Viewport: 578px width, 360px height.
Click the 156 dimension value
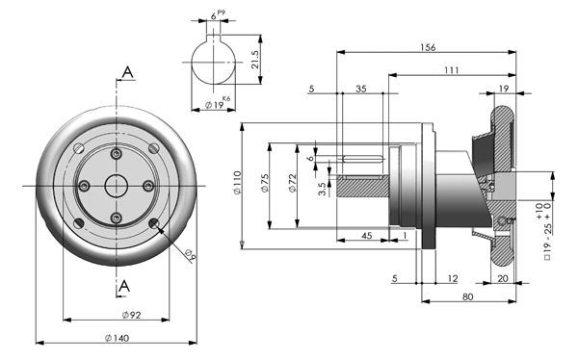[x=428, y=47]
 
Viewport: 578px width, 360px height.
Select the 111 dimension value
[x=452, y=70]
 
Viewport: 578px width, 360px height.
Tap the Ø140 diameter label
[x=117, y=338]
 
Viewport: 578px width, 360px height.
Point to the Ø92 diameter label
[x=132, y=315]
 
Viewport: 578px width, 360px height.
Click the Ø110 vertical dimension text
[x=237, y=182]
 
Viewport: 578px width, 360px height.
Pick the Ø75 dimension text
[x=265, y=183]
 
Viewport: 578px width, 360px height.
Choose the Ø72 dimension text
[x=292, y=183]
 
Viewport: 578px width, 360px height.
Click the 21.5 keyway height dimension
[x=255, y=60]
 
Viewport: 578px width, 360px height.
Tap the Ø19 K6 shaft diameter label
[x=218, y=103]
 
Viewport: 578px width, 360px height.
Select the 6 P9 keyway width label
[x=218, y=14]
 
